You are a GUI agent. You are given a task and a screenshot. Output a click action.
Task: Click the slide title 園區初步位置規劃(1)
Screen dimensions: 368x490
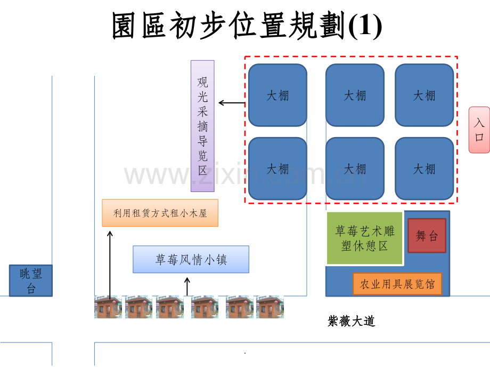[247, 27]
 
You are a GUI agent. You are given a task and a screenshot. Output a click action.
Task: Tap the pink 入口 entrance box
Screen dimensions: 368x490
[479, 130]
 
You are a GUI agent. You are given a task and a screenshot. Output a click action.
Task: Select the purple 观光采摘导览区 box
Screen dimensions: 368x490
[202, 126]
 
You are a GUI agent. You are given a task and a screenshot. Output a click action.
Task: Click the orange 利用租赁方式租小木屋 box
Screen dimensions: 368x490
[160, 213]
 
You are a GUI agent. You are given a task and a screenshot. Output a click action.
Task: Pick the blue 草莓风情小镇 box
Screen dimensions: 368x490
[191, 259]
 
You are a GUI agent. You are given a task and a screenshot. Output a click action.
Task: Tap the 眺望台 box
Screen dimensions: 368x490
[31, 281]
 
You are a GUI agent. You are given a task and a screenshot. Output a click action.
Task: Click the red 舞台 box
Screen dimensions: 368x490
[426, 235]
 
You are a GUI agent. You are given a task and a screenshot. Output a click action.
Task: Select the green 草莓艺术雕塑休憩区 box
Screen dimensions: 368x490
[364, 238]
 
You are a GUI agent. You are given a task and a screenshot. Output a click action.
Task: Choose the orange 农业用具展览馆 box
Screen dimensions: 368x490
[397, 284]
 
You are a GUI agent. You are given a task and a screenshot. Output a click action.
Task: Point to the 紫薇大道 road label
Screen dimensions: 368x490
[352, 321]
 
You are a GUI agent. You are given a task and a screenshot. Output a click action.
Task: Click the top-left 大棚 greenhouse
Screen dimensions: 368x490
[277, 95]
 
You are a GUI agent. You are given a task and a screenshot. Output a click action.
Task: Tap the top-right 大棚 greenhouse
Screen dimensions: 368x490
[424, 95]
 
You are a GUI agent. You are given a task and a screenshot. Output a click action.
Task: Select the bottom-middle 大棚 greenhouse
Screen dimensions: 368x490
[355, 169]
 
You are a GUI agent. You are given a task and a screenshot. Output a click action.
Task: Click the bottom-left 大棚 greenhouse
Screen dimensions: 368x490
[277, 169]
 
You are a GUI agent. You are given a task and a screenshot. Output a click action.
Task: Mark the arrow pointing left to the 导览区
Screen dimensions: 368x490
[232, 103]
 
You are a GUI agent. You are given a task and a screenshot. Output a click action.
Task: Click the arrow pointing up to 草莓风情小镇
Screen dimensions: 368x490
[187, 287]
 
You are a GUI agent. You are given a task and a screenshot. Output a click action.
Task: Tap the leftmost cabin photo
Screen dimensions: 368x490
[108, 307]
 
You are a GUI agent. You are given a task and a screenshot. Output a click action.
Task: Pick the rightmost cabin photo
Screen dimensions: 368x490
[269, 307]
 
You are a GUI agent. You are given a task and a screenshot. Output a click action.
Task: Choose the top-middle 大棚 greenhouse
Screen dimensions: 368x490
[355, 95]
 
